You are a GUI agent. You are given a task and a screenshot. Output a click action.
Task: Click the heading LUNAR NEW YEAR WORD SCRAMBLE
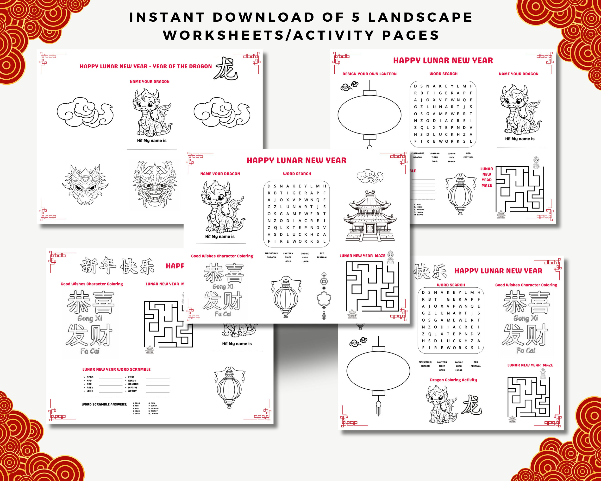116,369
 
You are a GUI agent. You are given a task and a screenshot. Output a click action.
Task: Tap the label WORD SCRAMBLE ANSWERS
104,404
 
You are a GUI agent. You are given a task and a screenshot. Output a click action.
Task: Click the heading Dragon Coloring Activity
453,380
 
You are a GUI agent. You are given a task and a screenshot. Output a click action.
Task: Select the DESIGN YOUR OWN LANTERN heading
369,74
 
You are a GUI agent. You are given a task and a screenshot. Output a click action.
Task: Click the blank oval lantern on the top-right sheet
369,115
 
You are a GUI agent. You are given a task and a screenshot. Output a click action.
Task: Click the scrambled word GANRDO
133,384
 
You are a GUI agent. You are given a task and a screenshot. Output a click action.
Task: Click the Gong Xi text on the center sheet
223,286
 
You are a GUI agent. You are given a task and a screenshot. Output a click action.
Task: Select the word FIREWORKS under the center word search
271,253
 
